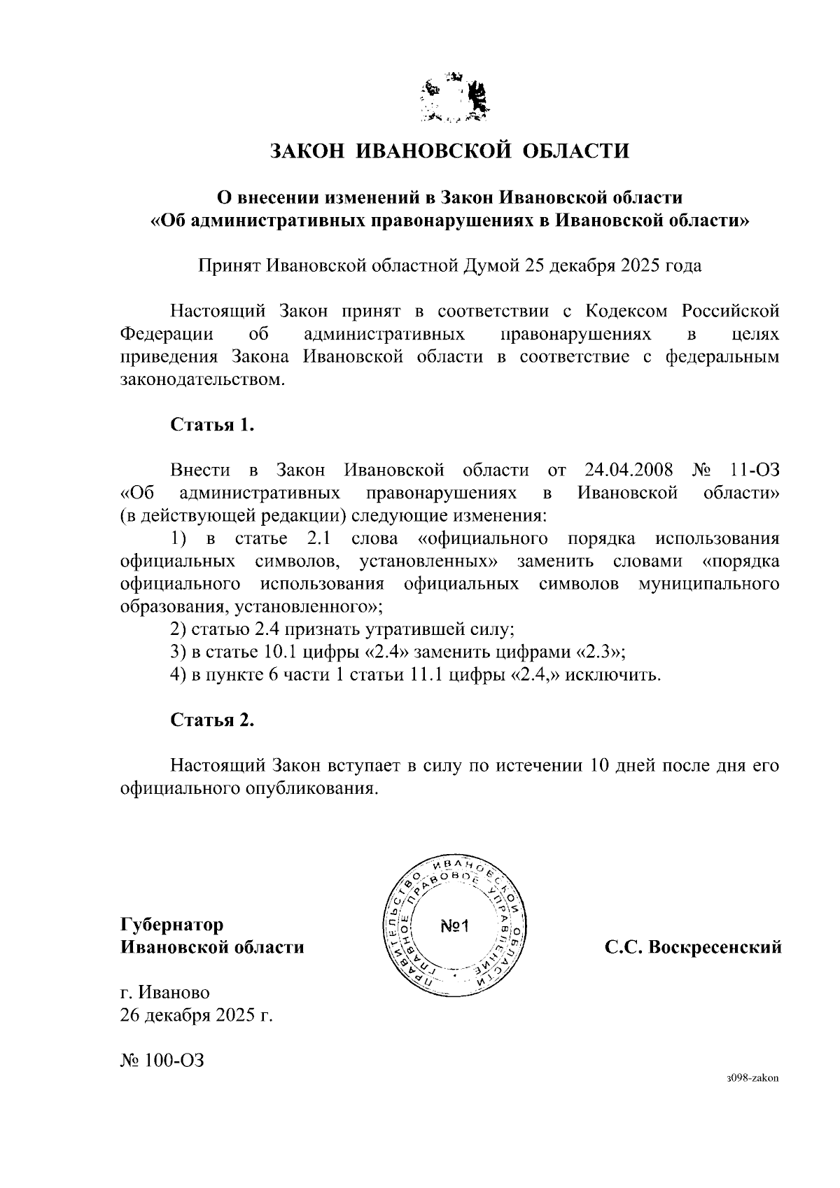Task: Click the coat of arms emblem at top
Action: (x=455, y=98)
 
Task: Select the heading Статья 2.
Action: (x=211, y=720)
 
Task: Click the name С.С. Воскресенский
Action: (x=693, y=948)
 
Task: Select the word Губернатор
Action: (x=172, y=925)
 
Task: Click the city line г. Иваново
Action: (x=165, y=993)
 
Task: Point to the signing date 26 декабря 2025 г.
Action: (x=196, y=1015)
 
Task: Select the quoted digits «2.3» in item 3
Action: (x=599, y=652)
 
